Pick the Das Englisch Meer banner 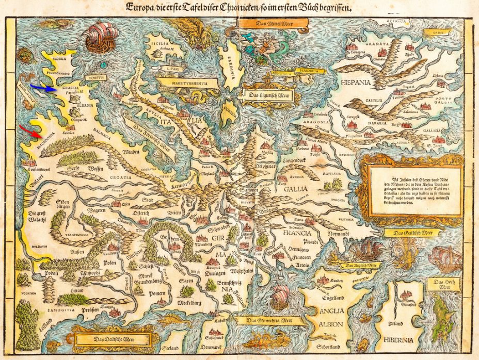pos(361,265)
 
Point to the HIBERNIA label pos(398,340)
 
